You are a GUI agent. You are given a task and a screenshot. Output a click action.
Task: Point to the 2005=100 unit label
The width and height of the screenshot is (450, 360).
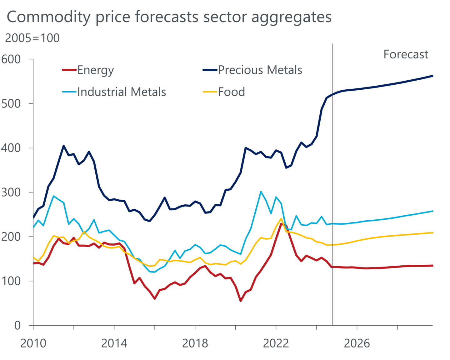tap(32, 38)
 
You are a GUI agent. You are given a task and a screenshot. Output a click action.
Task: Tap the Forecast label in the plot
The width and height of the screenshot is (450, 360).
tap(405, 54)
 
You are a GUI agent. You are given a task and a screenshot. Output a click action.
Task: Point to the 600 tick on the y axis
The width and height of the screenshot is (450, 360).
tap(11, 59)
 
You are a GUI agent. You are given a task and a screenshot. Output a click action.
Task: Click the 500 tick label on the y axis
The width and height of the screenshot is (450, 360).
tap(11, 103)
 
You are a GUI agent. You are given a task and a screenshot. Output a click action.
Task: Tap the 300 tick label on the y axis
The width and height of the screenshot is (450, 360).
tap(11, 192)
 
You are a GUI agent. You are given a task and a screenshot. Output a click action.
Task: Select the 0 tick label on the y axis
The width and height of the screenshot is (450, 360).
tap(17, 325)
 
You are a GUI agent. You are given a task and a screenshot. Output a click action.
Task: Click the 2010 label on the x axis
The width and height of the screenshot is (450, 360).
tap(33, 343)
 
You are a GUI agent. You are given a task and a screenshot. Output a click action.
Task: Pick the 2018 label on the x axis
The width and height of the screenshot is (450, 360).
tap(195, 343)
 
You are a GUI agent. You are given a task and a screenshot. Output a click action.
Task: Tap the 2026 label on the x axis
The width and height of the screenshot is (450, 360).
tap(357, 343)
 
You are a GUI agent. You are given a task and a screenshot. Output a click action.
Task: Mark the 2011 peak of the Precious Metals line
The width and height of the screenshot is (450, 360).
tap(63, 146)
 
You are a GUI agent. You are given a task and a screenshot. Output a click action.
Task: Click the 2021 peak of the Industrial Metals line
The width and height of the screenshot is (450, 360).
tap(261, 192)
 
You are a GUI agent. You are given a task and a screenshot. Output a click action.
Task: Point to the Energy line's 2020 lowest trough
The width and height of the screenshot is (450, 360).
tap(241, 301)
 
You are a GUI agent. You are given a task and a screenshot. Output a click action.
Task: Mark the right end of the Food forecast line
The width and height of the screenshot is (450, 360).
tap(432, 232)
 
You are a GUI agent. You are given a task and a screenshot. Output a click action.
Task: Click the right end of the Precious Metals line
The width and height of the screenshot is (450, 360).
tap(432, 76)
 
